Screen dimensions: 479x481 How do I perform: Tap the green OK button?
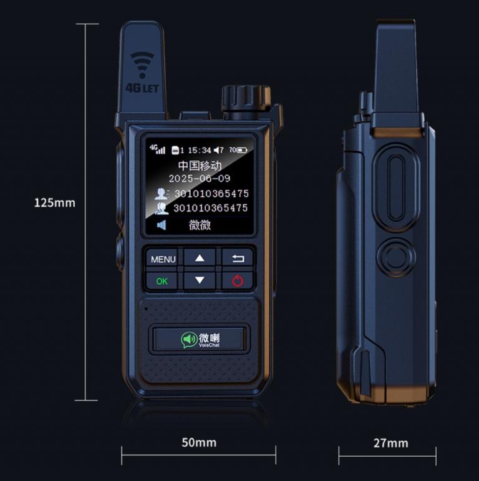162,281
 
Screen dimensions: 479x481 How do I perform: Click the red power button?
238,280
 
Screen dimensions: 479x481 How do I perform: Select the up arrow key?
200,258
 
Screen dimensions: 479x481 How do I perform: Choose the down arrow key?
200,280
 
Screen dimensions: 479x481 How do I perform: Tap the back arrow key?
238,259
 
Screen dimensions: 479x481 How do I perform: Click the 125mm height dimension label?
54,203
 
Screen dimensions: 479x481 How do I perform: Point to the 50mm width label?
199,442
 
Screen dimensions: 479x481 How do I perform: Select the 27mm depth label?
391,443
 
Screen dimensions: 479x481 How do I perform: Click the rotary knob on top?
246,98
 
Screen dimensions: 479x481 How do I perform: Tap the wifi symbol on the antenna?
142,64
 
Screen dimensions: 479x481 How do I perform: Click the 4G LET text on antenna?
142,88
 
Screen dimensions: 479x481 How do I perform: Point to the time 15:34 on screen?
200,151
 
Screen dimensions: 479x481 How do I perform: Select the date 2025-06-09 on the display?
200,179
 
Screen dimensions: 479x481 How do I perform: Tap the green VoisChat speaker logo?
188,340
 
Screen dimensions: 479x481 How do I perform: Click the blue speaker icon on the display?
162,225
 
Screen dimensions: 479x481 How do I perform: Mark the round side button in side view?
396,257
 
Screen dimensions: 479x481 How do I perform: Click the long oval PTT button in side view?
396,188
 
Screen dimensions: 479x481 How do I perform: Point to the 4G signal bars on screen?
158,149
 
